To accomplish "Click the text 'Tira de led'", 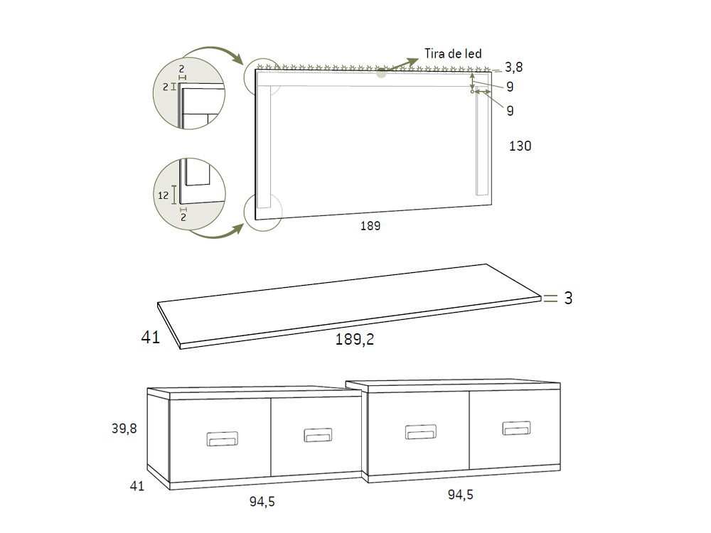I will click(453, 54).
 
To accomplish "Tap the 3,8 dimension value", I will click(513, 68).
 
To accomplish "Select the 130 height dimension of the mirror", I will click(520, 146).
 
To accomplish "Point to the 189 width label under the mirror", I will click(370, 226).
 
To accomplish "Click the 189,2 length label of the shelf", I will click(355, 340).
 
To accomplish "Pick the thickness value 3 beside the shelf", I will click(568, 298).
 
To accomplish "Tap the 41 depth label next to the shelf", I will click(151, 337).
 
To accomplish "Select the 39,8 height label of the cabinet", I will click(124, 429).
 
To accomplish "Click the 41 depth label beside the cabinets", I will click(137, 486).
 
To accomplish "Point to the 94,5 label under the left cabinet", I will click(262, 502).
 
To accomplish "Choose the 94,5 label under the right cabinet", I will click(460, 495).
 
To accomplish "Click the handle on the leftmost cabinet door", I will click(220, 439).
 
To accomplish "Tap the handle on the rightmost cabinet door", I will click(516, 428).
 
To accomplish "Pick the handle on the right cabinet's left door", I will click(419, 432).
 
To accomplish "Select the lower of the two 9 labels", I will click(510, 110).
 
